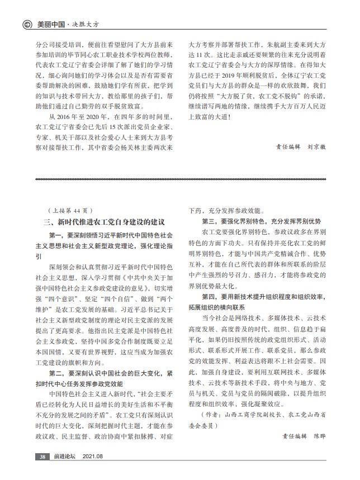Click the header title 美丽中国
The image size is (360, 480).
(x=48, y=25)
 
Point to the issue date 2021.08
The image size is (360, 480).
(x=93, y=457)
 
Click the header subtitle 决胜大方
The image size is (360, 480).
(x=83, y=25)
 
